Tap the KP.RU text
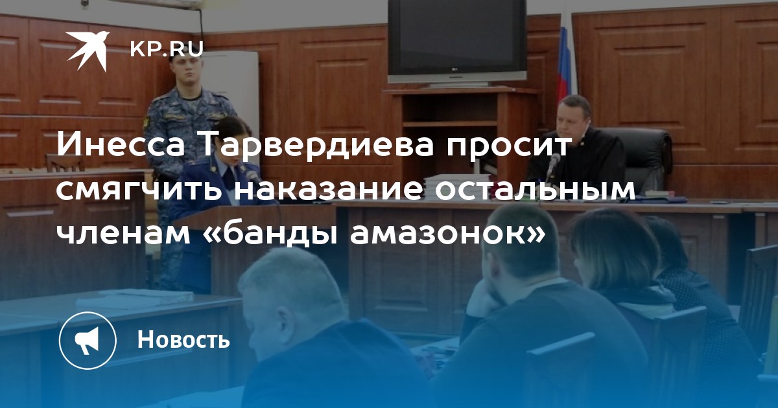[x=167, y=49]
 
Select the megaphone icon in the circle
[x=87, y=341]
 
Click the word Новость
[x=183, y=339]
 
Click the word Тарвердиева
[x=316, y=144]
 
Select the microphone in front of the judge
[x=552, y=167]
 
